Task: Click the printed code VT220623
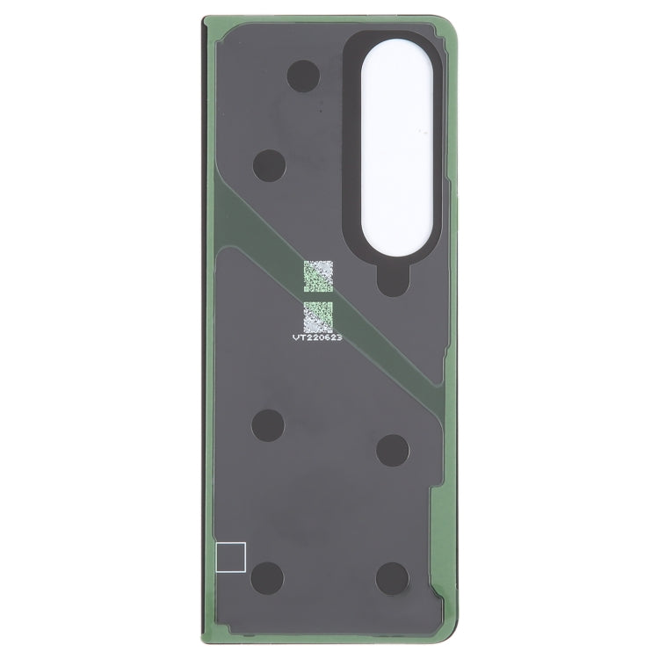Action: tap(322, 336)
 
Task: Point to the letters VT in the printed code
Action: tap(301, 336)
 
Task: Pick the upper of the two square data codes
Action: tap(319, 276)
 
